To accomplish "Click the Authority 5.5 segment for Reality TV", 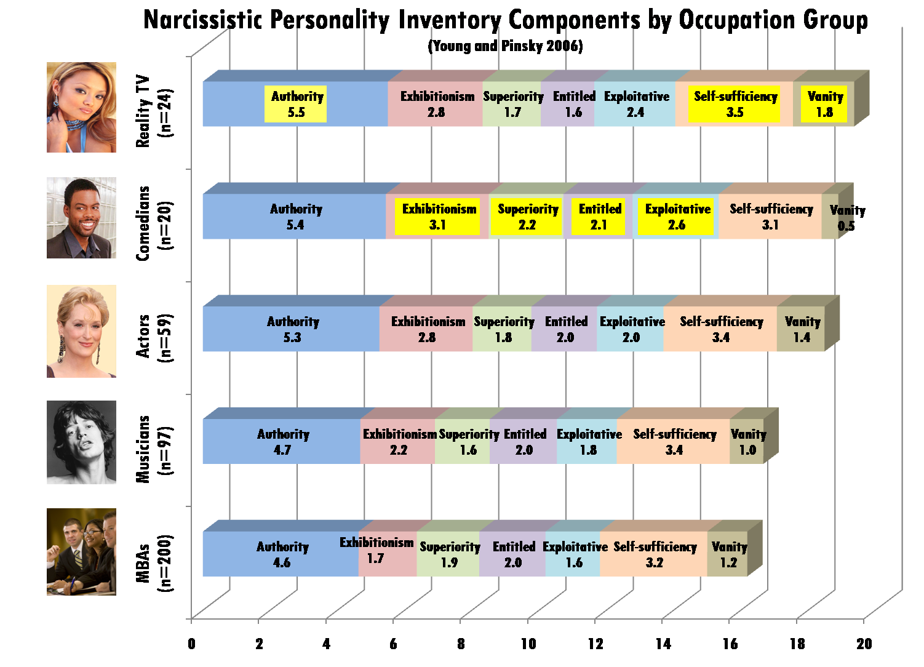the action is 296,104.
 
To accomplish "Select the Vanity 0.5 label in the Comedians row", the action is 846,218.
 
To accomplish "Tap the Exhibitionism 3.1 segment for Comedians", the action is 437,217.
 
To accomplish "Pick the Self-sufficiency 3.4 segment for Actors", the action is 720,329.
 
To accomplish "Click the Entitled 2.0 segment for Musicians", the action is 524,442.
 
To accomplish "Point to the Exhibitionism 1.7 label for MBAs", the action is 376,550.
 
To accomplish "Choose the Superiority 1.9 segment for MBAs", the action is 449,554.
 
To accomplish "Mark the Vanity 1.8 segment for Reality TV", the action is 824,104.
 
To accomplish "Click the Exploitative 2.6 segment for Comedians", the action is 676,217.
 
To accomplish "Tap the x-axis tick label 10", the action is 528,644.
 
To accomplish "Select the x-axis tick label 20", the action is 864,644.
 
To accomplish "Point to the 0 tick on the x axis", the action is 192,644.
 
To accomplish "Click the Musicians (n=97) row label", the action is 153,449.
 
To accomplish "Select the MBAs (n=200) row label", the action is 153,562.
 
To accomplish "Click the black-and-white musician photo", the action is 81,442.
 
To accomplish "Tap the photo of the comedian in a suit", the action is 81,218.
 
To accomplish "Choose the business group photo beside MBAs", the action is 81,552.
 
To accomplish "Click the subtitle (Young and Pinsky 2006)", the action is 505,46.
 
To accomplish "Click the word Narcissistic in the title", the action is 203,20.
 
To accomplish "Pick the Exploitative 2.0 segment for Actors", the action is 631,329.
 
